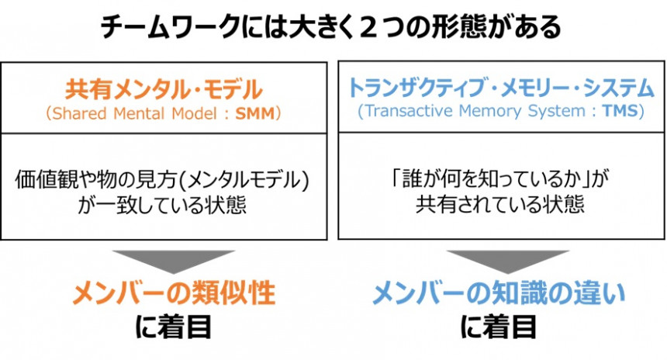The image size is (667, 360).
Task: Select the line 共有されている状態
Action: [500, 206]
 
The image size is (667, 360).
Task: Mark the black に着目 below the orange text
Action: [174, 327]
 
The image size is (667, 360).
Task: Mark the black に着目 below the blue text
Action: [499, 327]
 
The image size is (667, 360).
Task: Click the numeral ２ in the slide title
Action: [381, 29]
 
